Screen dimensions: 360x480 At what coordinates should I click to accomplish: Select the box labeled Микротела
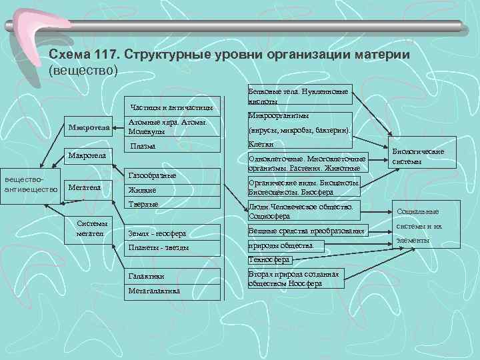pos(89,127)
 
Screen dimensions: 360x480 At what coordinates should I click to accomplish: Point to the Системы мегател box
pos(93,229)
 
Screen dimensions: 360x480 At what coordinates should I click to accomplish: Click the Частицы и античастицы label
pos(173,107)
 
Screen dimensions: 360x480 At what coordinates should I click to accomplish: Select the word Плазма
pos(143,146)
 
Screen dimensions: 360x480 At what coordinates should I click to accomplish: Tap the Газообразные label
pos(152,175)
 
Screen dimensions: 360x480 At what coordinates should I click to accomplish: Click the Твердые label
pos(143,204)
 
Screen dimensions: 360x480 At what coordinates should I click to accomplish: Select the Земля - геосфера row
pos(159,233)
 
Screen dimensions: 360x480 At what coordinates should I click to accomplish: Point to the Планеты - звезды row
pos(159,247)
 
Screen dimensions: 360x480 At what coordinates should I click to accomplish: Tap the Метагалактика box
pos(155,291)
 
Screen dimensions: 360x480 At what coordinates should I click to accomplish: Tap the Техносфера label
pos(269,259)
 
